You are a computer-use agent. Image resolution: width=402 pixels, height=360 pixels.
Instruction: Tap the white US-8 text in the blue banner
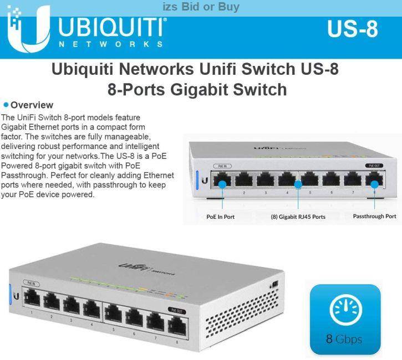(x=352, y=29)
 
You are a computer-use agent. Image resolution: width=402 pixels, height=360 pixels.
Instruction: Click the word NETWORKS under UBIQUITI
(x=111, y=44)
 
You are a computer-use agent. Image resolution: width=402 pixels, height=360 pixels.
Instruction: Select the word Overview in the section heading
(x=32, y=105)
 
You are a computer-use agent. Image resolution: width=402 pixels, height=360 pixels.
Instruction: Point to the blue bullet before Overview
(x=6, y=105)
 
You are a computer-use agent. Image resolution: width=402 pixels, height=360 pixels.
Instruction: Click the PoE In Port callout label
(x=220, y=217)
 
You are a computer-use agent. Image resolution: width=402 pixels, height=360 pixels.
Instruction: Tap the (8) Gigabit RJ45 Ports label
(x=298, y=217)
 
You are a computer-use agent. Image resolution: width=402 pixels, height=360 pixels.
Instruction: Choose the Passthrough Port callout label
(x=374, y=216)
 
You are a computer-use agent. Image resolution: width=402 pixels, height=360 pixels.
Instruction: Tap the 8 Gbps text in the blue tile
(x=345, y=338)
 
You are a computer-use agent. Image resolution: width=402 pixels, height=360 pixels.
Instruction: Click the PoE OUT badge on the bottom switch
(x=176, y=311)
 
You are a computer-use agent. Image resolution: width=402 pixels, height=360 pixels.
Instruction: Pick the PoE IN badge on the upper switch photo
(x=222, y=166)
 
